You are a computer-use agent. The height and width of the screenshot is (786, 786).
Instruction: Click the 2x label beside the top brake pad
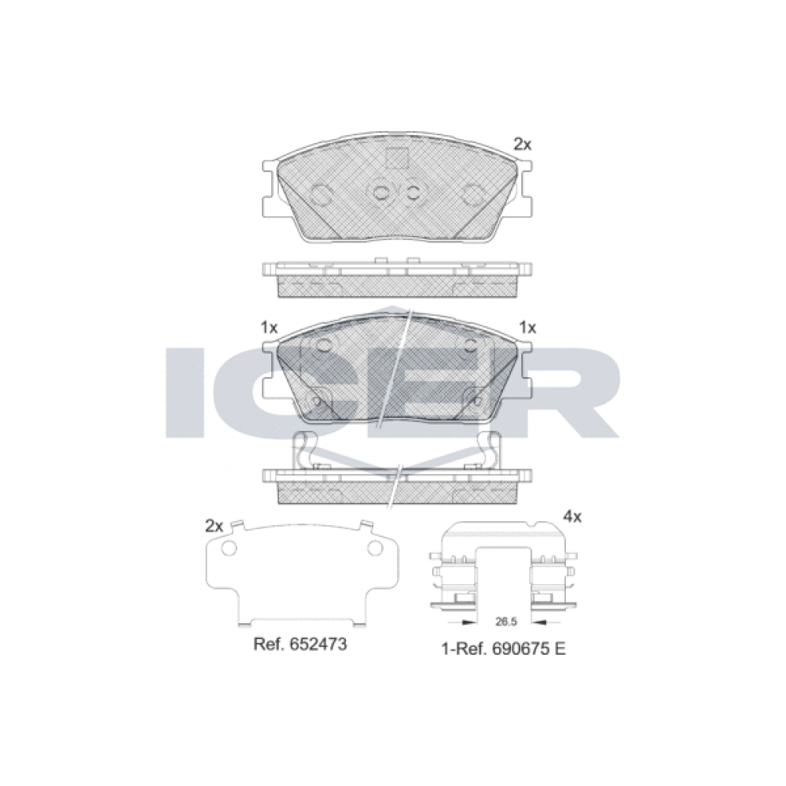tap(523, 145)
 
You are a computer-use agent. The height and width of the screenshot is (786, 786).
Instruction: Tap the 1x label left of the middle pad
tap(269, 328)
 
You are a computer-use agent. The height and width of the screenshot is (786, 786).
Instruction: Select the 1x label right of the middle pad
tap(528, 328)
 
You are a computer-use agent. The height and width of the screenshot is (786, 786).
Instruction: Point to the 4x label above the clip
tap(572, 516)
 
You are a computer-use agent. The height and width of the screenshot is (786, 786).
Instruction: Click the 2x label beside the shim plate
tap(214, 526)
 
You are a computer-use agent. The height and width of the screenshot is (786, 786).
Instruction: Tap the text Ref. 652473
tap(300, 645)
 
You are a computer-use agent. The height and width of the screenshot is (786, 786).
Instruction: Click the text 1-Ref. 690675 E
tap(504, 649)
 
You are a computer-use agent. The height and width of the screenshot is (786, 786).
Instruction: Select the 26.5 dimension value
tap(505, 622)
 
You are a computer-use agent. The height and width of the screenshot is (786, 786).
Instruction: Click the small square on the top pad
tap(396, 158)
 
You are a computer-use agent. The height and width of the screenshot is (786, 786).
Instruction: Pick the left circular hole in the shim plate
tap(229, 549)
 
